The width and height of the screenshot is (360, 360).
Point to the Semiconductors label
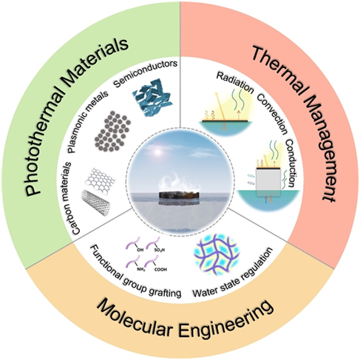(x=146, y=73)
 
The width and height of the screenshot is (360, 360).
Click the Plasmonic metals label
(x=88, y=121)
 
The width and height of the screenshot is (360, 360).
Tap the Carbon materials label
(x=72, y=198)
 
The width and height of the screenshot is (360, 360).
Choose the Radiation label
(x=235, y=83)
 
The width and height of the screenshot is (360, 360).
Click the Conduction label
(x=291, y=163)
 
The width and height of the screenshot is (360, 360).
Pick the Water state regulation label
(x=233, y=272)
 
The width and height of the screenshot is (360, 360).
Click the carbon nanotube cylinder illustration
(x=96, y=203)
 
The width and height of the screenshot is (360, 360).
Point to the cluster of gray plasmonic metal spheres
(x=112, y=131)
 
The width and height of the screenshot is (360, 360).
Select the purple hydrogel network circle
(x=217, y=254)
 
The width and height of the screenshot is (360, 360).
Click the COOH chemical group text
(x=160, y=270)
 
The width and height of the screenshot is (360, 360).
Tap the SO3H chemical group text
(x=159, y=251)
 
